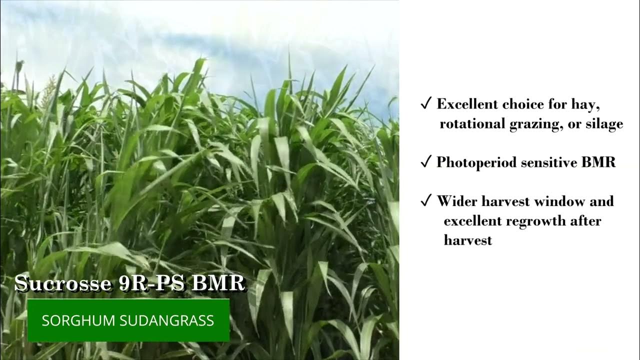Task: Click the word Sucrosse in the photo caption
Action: pos(62,283)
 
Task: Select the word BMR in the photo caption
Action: pos(218,283)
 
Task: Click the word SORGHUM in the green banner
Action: pos(74,320)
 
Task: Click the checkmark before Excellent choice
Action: pos(426,103)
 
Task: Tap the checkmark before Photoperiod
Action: pos(426,162)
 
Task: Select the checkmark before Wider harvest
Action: pos(426,201)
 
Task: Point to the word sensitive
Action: pos(552,162)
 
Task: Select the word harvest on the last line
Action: pos(468,240)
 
